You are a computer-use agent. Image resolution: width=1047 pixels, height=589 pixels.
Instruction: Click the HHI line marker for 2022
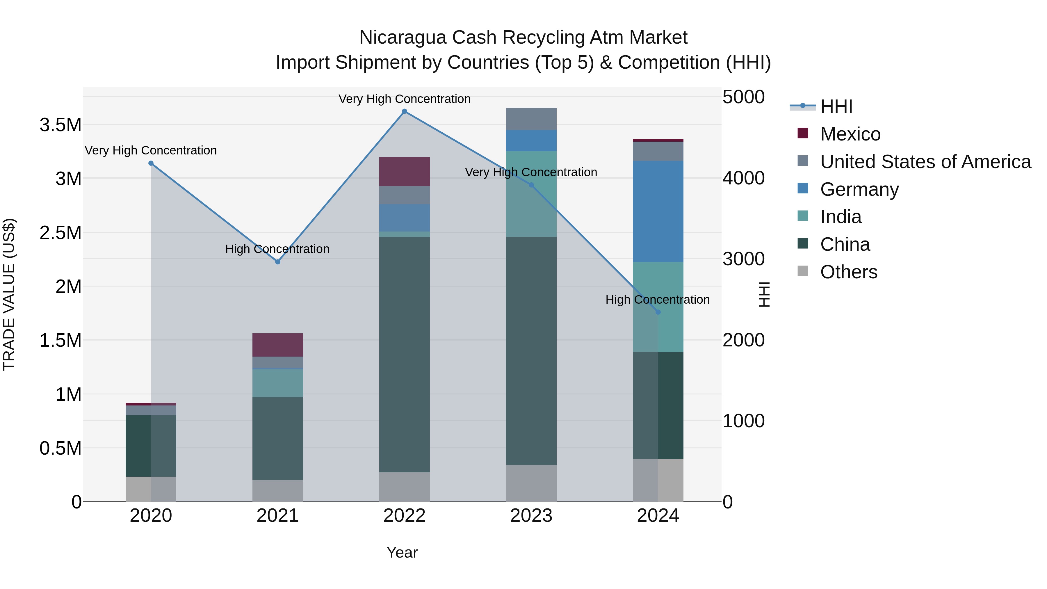point(405,111)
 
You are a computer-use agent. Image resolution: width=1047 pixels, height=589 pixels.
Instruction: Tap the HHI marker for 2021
point(278,262)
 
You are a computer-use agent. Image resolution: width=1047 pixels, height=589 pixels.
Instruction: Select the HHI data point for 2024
point(658,312)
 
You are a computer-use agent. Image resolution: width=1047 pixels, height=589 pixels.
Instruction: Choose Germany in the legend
point(859,189)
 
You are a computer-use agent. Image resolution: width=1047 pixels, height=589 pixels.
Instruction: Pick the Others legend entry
point(849,272)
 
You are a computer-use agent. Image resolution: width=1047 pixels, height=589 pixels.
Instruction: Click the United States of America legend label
point(925,162)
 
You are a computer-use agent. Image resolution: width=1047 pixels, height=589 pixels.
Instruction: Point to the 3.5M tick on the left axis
point(60,125)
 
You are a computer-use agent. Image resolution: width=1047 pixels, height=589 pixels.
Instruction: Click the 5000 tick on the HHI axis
point(743,97)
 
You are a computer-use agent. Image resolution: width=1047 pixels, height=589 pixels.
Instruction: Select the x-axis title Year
point(402,552)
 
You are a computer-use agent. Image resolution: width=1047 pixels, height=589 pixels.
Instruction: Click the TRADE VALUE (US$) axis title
point(9,294)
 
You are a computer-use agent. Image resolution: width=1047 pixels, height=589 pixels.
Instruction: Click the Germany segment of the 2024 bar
point(658,211)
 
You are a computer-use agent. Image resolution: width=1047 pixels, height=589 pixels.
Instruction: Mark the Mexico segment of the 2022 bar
point(405,172)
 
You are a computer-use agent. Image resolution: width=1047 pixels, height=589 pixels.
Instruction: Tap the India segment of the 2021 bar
point(278,383)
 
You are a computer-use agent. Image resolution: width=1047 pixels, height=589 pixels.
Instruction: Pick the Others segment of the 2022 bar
point(405,487)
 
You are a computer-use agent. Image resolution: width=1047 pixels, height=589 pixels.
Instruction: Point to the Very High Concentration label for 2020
point(151,150)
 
